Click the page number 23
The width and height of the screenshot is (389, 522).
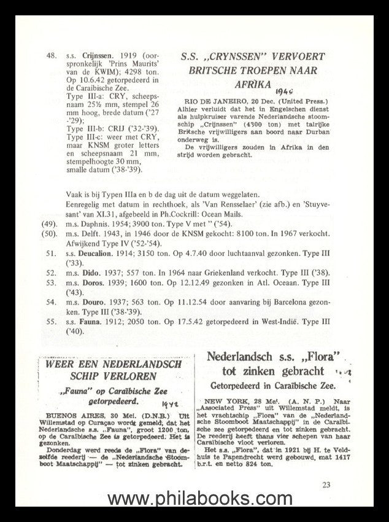coord(325,485)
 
